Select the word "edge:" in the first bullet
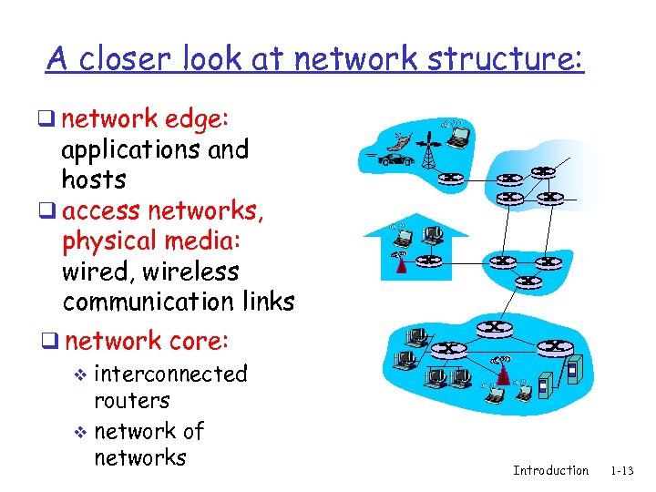tap(205, 119)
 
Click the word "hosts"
tap(94, 179)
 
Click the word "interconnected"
tap(170, 374)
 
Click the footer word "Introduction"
tap(550, 470)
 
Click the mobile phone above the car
tap(399, 141)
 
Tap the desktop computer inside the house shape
tap(434, 235)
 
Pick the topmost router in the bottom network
tap(494, 327)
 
